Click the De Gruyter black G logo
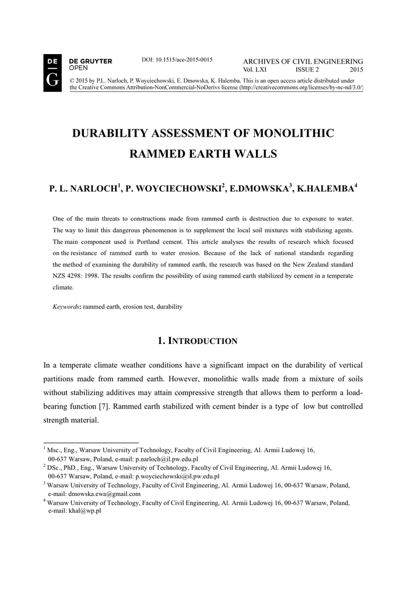[52, 74]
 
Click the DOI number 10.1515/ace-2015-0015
[177, 60]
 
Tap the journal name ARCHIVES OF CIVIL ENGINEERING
[303, 61]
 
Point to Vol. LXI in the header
[254, 69]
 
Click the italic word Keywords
[65, 306]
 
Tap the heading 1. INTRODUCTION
[197, 341]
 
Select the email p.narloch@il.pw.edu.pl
[167, 459]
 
